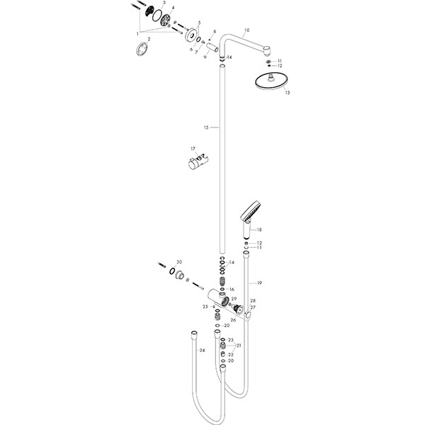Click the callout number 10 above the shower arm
coord(246,30)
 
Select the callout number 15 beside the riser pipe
coord(206,127)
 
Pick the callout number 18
coord(260,230)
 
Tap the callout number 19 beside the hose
coord(259,283)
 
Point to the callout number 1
coord(138,33)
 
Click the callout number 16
coord(231,290)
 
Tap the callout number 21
coord(239,346)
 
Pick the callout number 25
coord(205,306)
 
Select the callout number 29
coord(233,300)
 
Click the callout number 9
coord(205,57)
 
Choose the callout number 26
coord(233,320)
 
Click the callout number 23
coord(231,340)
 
